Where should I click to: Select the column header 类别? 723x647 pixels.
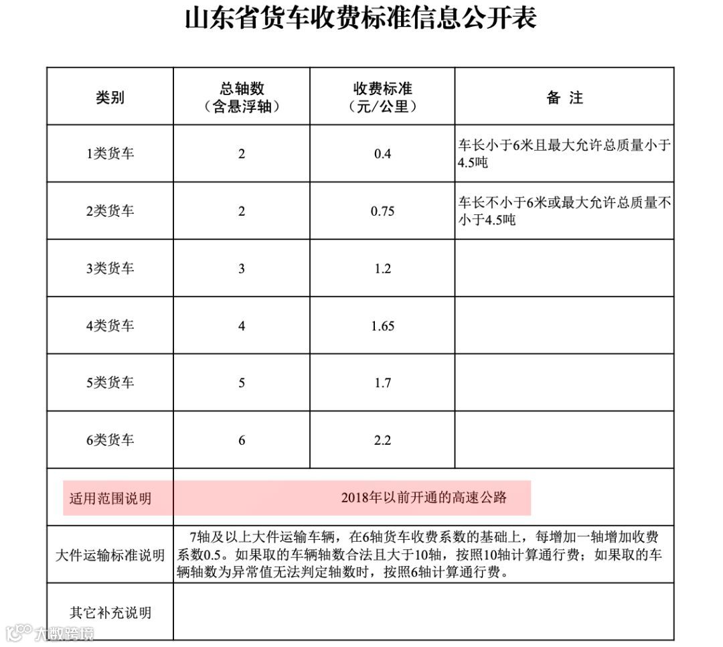110,97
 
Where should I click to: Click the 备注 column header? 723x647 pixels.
564,97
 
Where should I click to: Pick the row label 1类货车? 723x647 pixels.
110,153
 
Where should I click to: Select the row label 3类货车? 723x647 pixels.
110,269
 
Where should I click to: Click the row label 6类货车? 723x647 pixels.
110,440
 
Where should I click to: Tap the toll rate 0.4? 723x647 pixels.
382,154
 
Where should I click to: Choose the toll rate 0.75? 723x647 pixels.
382,212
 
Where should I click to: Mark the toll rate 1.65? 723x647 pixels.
382,326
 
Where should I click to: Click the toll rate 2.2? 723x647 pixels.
382,441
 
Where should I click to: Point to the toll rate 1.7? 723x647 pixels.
382,383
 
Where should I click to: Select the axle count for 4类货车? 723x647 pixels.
242,326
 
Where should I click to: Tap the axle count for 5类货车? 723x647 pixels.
242,383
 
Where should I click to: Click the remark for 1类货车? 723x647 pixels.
564,153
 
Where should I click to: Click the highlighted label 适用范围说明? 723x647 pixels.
110,498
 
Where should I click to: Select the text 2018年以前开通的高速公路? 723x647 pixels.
424,498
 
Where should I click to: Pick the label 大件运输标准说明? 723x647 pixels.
110,555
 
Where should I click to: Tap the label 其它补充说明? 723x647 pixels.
110,612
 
